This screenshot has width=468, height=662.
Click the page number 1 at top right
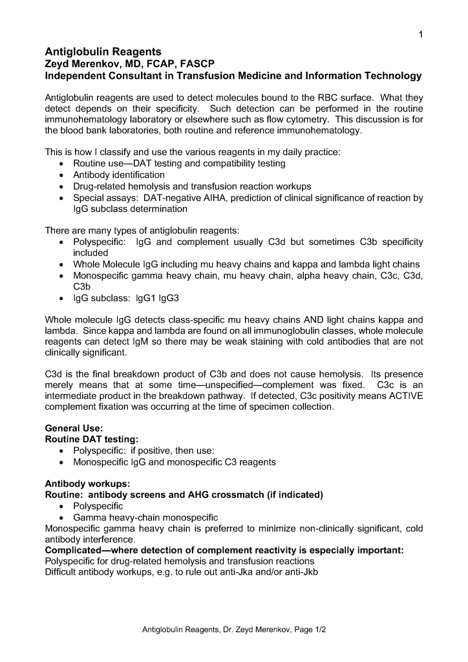pos(420,35)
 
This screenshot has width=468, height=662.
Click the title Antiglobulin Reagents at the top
pos(103,52)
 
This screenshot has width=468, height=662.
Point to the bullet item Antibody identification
pos(119,175)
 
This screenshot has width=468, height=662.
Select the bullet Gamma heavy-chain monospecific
pos(145,517)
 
